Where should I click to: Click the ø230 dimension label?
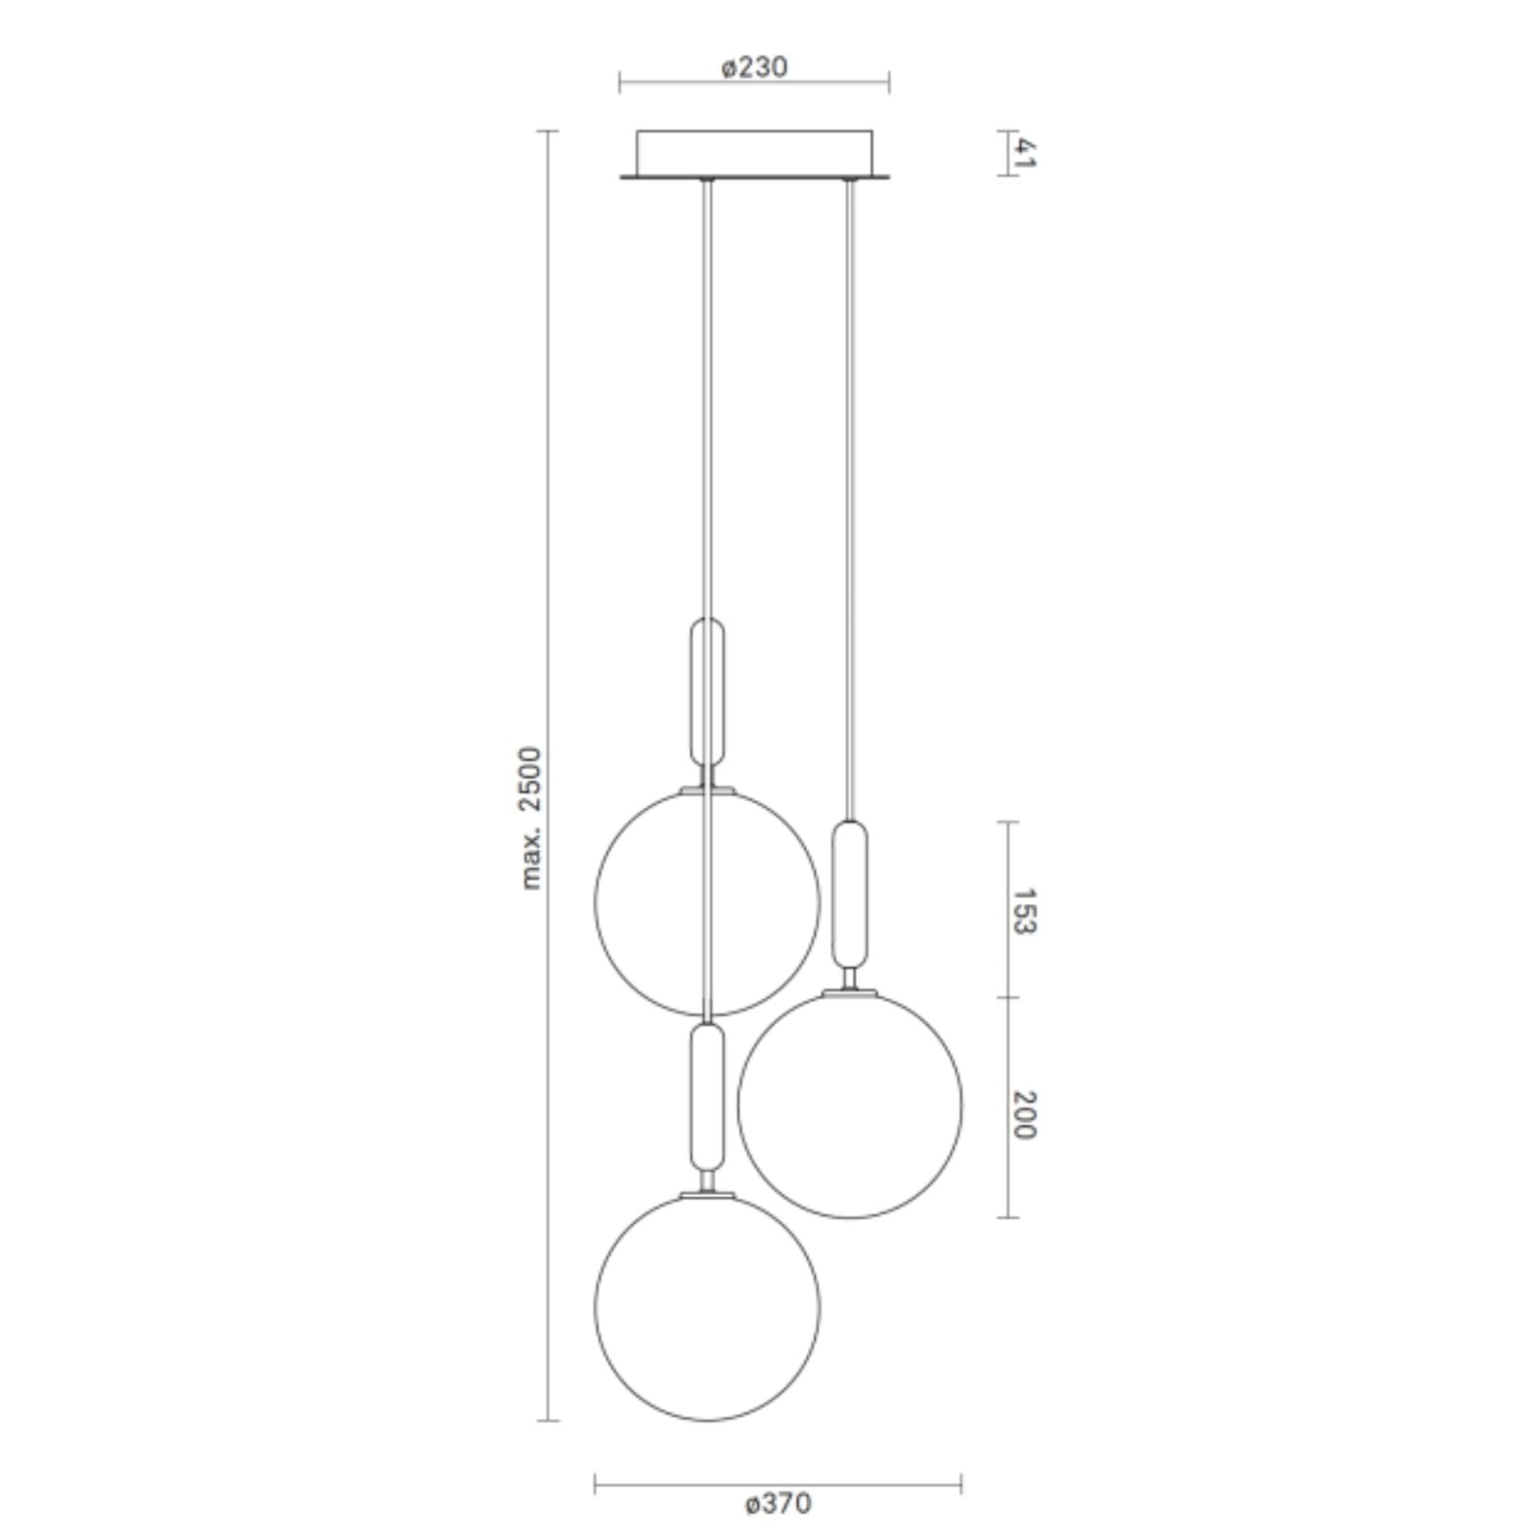point(753,67)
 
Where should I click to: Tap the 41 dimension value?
point(1025,153)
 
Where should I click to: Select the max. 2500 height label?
point(531,817)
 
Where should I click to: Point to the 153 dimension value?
point(1025,912)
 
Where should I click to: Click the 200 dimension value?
point(1025,1115)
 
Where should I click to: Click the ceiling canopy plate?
point(754,155)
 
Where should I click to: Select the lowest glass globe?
point(596,1307)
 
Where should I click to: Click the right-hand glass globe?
point(738,1106)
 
